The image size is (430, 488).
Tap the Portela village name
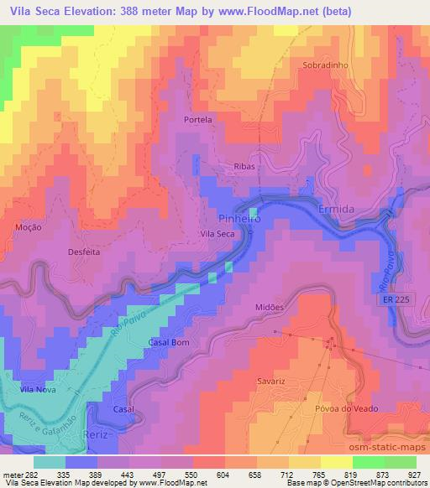tap(198, 120)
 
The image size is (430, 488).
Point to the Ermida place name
tap(338, 207)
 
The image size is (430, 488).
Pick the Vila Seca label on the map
tap(217, 235)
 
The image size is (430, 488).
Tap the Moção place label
tap(29, 226)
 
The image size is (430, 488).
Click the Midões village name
tap(270, 307)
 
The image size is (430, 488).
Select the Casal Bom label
tap(169, 342)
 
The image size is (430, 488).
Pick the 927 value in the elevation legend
tap(412, 473)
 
